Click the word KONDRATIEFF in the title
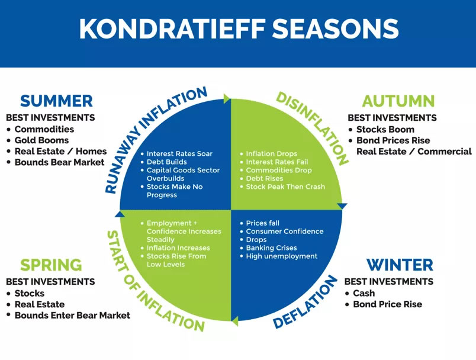172,28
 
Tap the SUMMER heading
56,101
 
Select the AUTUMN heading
398,101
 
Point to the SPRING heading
51,265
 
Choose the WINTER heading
400,265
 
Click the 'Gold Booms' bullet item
41,140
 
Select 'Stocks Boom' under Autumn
385,129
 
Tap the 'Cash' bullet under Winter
364,293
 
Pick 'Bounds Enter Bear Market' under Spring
72,316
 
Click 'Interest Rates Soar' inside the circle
179,153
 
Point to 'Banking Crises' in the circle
271,247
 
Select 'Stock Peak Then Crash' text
285,187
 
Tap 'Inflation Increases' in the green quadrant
178,247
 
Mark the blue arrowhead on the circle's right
342,206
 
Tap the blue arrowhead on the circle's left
120,214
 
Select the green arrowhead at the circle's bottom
234,321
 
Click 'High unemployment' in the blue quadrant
281,256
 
